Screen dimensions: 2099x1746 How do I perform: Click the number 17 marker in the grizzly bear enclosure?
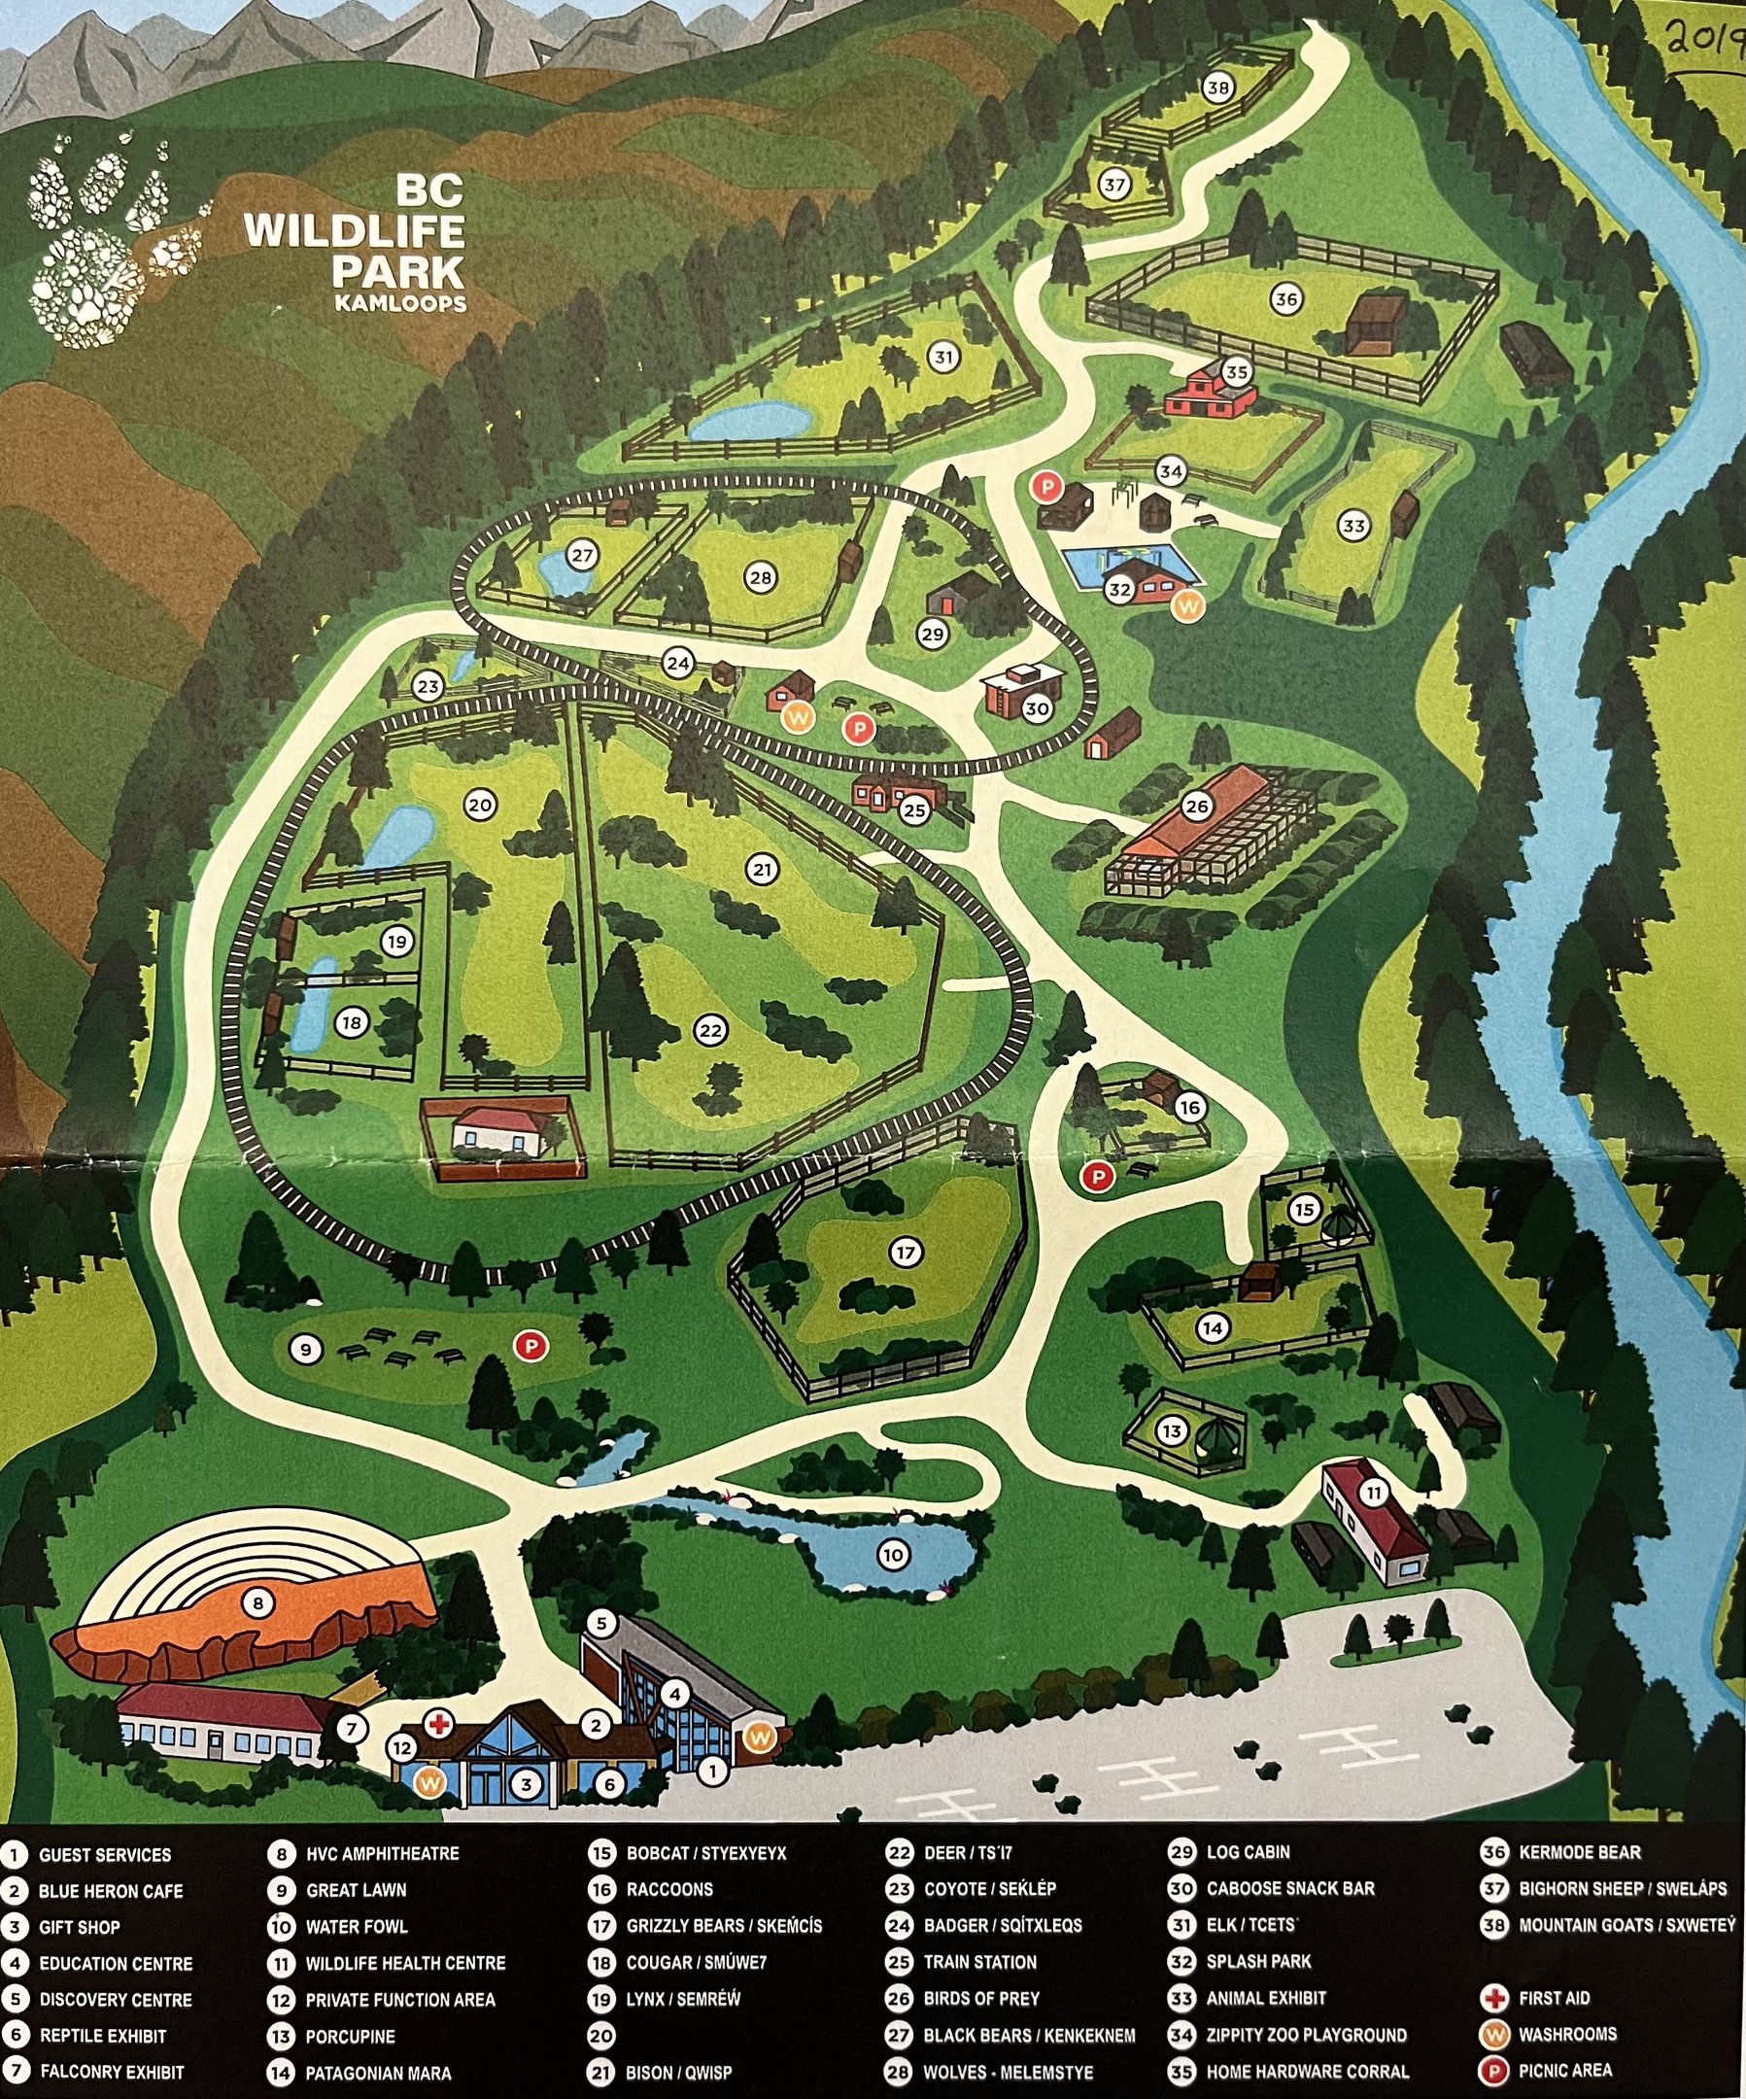[906, 1253]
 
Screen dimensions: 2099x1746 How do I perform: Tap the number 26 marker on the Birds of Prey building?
[1196, 806]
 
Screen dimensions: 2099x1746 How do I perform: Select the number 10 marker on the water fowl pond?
[893, 1554]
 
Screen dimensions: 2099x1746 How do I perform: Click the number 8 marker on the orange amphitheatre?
[257, 1604]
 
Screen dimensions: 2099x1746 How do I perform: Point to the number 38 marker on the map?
[1217, 88]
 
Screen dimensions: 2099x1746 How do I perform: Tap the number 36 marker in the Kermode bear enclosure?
[1285, 299]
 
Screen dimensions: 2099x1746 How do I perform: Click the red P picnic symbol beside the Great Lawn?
[531, 1346]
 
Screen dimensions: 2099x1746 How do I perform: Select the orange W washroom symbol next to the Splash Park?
[1188, 605]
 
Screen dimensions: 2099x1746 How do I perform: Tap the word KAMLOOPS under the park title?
[400, 304]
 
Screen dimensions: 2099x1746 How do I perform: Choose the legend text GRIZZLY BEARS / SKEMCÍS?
[724, 1925]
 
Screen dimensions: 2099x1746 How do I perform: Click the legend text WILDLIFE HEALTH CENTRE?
[405, 1962]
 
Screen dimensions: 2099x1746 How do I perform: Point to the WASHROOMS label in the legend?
[1567, 2034]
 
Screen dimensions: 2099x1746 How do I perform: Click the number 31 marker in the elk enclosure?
[943, 356]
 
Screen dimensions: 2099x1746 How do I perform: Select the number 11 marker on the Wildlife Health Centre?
[1374, 1494]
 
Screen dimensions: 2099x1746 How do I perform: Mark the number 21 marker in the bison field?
[763, 870]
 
